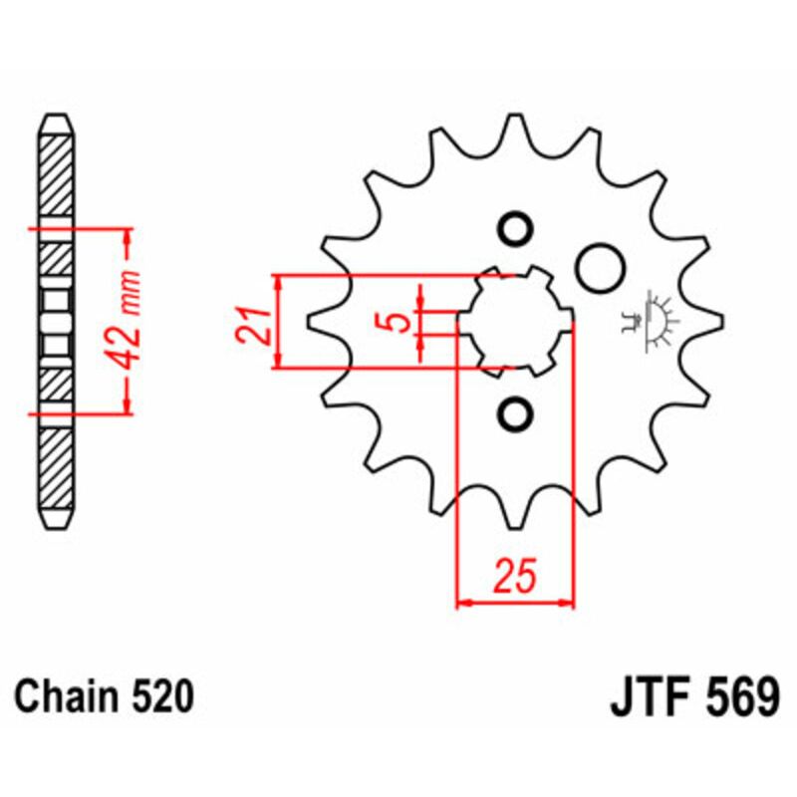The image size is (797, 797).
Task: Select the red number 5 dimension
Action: click(x=397, y=322)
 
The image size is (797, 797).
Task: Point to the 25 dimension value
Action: click(x=516, y=577)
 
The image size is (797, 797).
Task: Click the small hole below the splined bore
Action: click(x=516, y=413)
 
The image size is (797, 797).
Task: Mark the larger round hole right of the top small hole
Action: click(x=600, y=266)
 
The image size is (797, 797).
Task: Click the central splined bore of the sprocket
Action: click(x=515, y=321)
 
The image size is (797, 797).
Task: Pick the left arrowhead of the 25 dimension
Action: click(x=462, y=603)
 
